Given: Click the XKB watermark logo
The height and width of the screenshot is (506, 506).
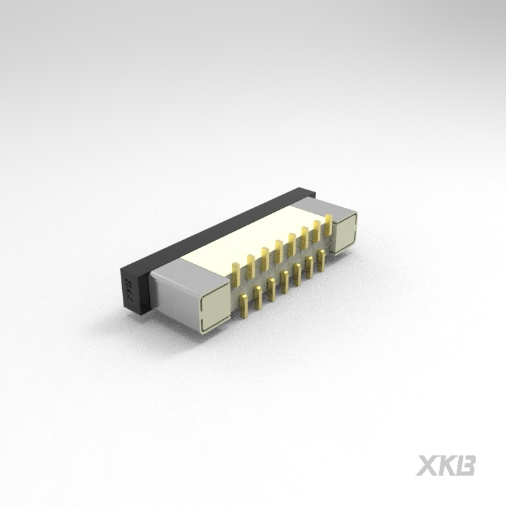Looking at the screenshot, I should [446, 465].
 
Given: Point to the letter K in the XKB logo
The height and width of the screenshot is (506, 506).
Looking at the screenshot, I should [447, 465].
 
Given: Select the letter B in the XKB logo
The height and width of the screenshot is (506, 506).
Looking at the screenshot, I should [466, 465].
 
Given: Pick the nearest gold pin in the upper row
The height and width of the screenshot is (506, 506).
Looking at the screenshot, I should [236, 273].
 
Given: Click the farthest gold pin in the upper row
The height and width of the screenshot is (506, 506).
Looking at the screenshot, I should [329, 225].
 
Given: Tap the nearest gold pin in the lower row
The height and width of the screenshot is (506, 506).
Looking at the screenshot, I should [244, 304].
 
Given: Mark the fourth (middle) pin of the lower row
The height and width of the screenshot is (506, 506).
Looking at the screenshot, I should [284, 281].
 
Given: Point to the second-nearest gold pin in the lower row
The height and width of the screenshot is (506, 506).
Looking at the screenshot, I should [258, 296].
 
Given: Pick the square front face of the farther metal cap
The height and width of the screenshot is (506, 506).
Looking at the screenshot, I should [345, 232].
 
